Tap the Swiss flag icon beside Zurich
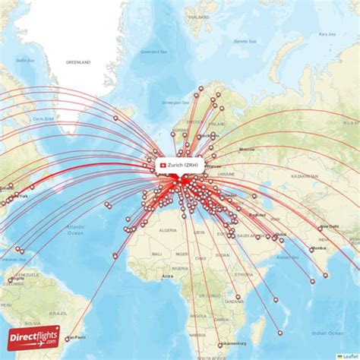[162, 166]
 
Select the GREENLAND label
[77, 62]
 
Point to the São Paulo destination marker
[68, 339]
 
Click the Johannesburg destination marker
[219, 346]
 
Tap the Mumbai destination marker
[311, 250]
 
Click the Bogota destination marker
[10, 280]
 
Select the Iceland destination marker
[115, 118]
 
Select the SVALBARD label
[201, 16]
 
